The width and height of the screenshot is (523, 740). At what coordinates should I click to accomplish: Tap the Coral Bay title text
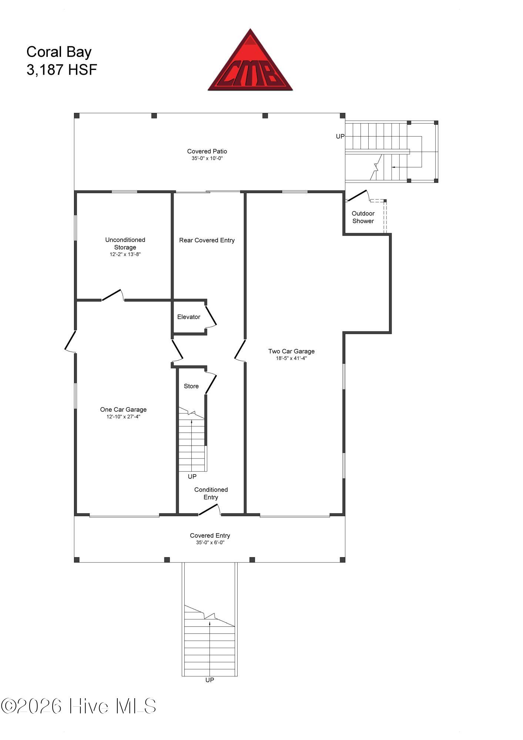tap(59, 52)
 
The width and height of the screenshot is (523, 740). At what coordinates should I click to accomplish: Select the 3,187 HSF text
tap(62, 70)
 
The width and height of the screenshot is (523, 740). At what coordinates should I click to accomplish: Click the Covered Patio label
tap(207, 151)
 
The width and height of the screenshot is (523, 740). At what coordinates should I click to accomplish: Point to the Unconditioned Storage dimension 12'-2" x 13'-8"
tap(125, 255)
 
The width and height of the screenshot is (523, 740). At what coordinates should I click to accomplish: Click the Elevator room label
tap(189, 317)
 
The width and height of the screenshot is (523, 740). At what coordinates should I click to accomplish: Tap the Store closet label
tap(191, 386)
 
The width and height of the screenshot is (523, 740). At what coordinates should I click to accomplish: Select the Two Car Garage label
tap(291, 351)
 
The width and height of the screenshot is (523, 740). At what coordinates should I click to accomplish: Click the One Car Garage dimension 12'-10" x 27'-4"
tap(123, 417)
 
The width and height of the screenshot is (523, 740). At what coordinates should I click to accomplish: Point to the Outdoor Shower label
tap(363, 217)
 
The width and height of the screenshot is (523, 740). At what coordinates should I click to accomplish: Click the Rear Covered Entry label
tap(207, 240)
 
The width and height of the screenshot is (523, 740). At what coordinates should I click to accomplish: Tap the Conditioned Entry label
tap(211, 493)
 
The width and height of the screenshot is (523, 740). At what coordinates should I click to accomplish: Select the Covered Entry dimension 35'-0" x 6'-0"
tap(210, 542)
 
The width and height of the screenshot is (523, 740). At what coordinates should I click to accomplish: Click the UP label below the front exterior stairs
tap(210, 680)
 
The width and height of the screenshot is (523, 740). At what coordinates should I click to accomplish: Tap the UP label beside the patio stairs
tap(340, 136)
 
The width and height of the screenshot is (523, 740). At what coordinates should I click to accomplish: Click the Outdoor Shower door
tap(358, 196)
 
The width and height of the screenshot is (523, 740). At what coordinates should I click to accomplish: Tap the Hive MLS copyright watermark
tap(78, 706)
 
